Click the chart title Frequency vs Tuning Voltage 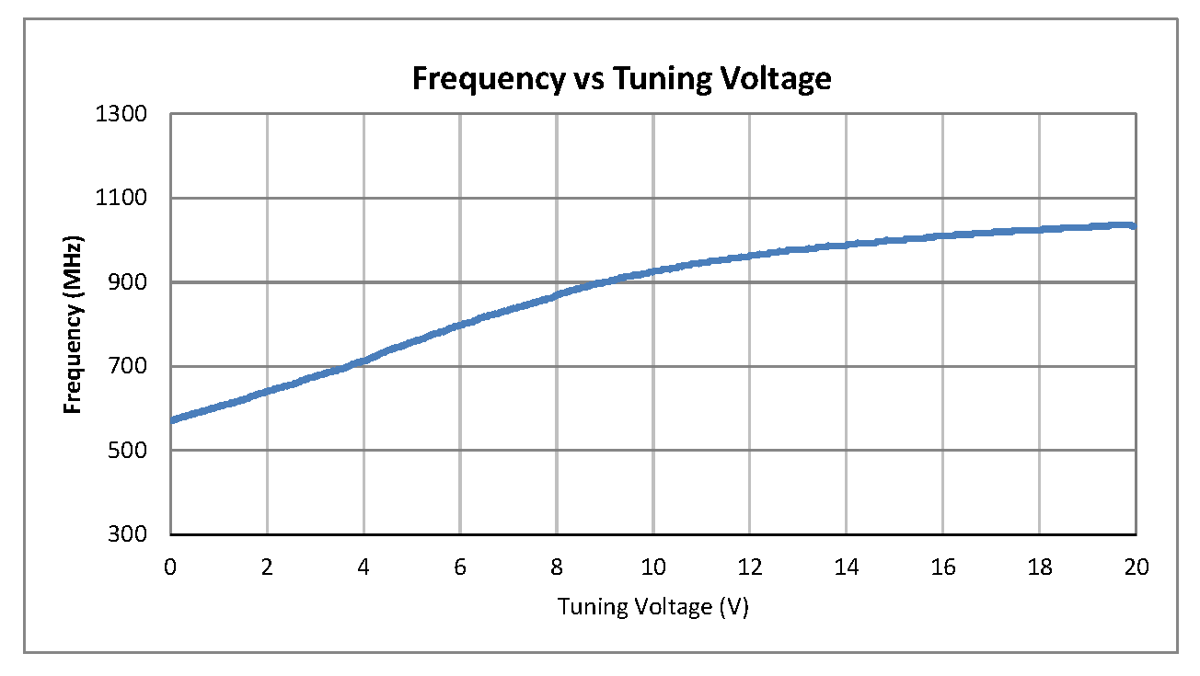click(x=621, y=79)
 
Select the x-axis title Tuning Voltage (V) click(x=652, y=607)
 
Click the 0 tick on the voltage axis click(x=170, y=567)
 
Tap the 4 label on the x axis click(x=363, y=567)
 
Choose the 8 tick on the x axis click(x=557, y=567)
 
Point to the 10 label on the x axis click(x=653, y=567)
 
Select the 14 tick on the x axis click(x=847, y=567)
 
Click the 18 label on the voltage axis click(x=1040, y=567)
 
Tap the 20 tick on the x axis click(x=1137, y=567)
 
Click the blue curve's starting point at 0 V click(x=172, y=419)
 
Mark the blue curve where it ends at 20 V click(x=1135, y=225)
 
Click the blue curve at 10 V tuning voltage click(x=653, y=271)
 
